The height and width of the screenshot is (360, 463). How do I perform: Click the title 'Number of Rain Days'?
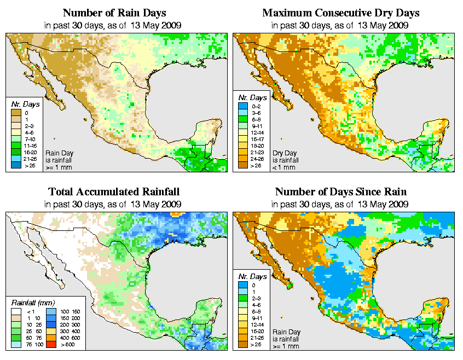pos(114,13)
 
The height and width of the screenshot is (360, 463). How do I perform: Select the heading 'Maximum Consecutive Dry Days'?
pos(340,13)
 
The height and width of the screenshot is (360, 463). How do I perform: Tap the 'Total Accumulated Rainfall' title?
pos(114,192)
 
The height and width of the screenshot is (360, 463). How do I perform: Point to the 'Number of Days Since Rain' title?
pos(340,192)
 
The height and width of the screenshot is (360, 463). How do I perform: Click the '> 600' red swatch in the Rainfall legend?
pos(48,345)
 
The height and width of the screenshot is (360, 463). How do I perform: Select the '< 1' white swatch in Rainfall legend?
pos(16,310)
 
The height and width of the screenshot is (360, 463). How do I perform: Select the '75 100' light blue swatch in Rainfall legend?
pos(16,345)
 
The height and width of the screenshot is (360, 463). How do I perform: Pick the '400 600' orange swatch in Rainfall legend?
pos(48,338)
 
